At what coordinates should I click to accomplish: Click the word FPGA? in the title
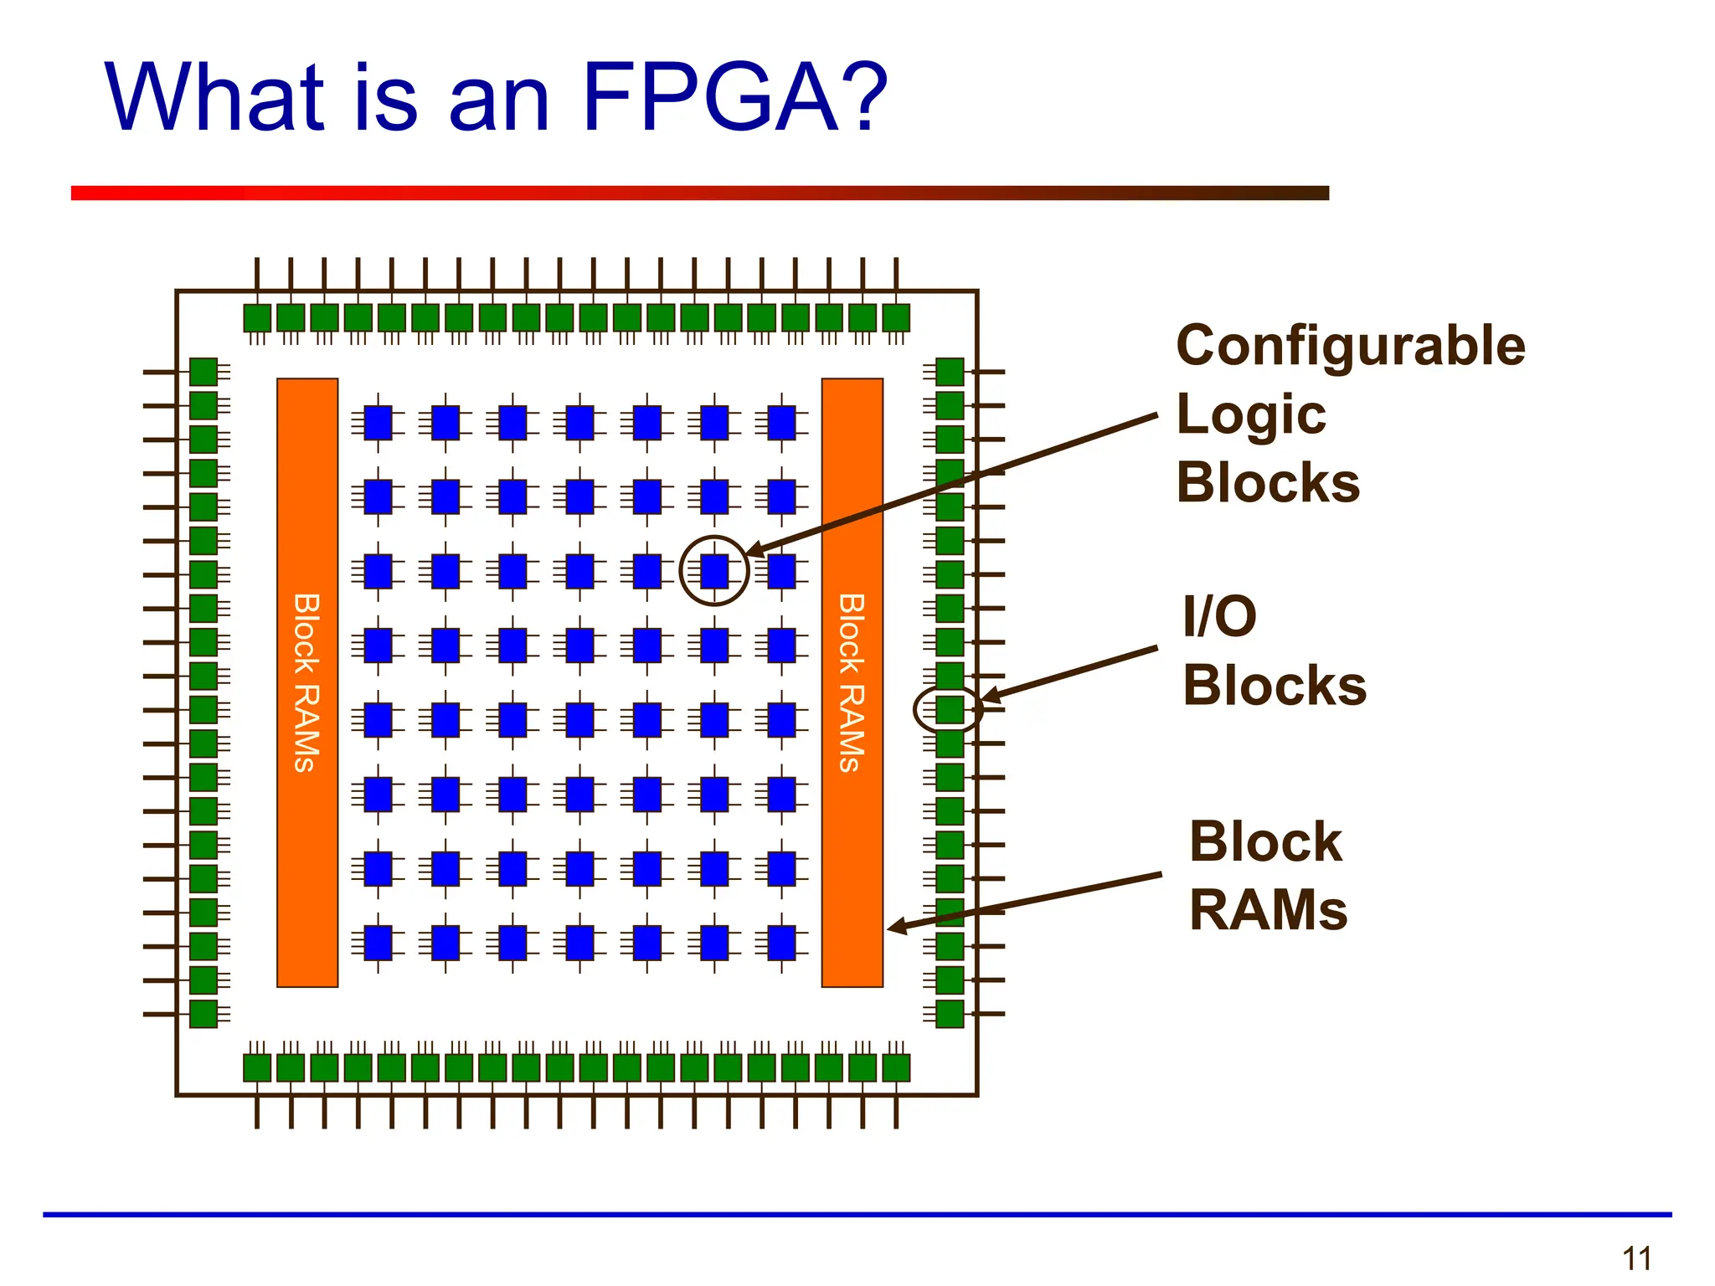(x=734, y=98)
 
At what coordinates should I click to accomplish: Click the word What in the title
(x=214, y=98)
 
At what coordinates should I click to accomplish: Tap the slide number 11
(x=1636, y=1258)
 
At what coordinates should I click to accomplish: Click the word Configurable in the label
(x=1350, y=346)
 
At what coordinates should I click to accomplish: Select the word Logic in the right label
(x=1250, y=414)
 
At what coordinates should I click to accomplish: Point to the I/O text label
(x=1219, y=616)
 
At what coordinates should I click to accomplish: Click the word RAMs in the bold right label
(x=1268, y=910)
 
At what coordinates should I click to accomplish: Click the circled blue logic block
(x=714, y=571)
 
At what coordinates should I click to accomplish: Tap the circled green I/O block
(x=949, y=710)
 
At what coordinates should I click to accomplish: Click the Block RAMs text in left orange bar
(x=306, y=682)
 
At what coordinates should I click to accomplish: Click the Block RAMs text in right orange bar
(x=852, y=682)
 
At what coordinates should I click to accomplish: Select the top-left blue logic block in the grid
(x=379, y=423)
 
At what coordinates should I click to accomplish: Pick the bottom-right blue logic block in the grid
(x=781, y=943)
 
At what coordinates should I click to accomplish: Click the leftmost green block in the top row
(x=257, y=318)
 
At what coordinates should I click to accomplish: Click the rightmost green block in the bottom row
(x=896, y=1068)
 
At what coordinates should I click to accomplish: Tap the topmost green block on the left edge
(x=203, y=372)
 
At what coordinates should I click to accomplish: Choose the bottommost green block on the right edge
(x=949, y=1014)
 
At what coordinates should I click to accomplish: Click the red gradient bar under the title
(x=699, y=193)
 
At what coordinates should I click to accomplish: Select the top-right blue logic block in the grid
(x=781, y=423)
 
